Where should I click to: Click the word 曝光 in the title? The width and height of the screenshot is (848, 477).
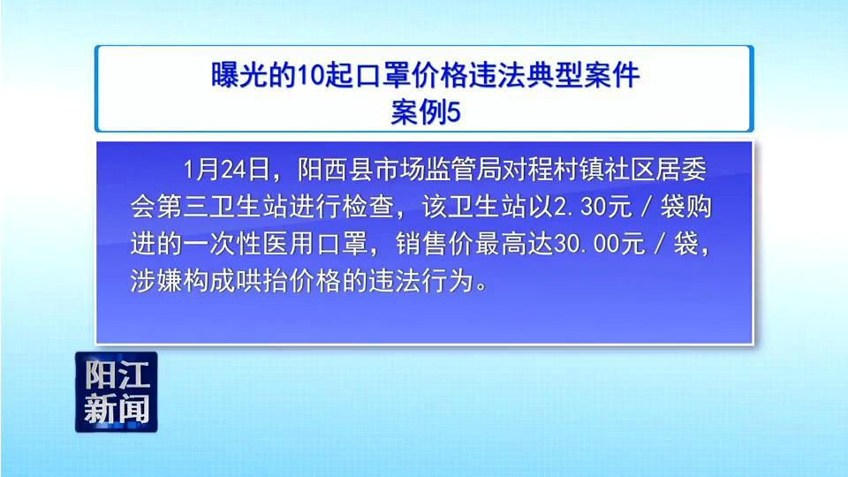238,74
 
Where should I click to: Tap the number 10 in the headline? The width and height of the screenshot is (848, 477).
310,75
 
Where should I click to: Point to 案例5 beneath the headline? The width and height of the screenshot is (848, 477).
425,112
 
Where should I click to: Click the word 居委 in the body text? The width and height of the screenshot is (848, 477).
681,170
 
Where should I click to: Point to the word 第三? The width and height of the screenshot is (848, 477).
182,207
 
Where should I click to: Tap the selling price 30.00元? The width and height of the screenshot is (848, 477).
599,245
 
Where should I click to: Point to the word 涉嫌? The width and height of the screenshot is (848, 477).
155,281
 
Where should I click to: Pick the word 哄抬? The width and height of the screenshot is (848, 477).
262,281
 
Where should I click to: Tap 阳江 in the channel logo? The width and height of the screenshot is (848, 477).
117,375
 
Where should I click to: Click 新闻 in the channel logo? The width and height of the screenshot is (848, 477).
117,408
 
